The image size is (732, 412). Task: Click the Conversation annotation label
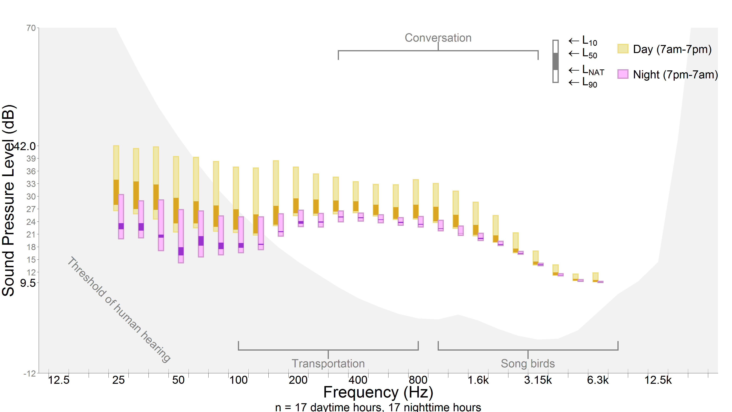[x=438, y=38]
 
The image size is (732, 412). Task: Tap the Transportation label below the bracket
[x=328, y=363]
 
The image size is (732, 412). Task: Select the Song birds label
[x=528, y=363]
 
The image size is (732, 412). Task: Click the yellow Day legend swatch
[x=623, y=49]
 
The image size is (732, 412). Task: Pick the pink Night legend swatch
[x=623, y=74]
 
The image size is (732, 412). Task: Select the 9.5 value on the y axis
[x=28, y=283]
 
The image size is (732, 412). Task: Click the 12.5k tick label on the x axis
[x=658, y=380]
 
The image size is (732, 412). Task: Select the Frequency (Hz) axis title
[x=378, y=392]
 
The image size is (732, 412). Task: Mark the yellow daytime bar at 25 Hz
[x=116, y=178]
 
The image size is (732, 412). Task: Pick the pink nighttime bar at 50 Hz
[x=181, y=236]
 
